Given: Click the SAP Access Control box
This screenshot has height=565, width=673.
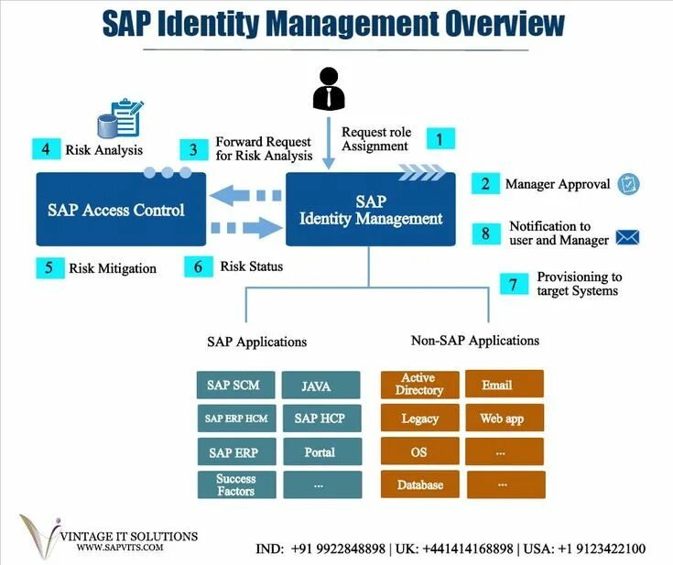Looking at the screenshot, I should (x=115, y=209).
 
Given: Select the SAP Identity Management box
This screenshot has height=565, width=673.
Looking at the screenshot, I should (x=371, y=209).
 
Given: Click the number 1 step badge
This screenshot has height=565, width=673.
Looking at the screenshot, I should (x=440, y=139).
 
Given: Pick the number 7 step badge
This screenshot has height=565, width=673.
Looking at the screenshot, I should (x=515, y=284).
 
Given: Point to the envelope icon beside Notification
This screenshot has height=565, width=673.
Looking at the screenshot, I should (x=627, y=236).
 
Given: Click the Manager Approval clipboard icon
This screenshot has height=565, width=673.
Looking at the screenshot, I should (x=628, y=184).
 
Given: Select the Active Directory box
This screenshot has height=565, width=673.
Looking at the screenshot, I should (x=418, y=385).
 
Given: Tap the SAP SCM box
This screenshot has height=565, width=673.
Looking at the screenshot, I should (x=233, y=385).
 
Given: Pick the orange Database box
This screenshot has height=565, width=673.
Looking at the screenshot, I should (x=418, y=484).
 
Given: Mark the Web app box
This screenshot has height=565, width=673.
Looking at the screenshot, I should (x=504, y=418).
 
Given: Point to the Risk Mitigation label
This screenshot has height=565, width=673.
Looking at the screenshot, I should (x=112, y=268).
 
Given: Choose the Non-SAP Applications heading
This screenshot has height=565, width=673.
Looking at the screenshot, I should (x=474, y=341).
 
